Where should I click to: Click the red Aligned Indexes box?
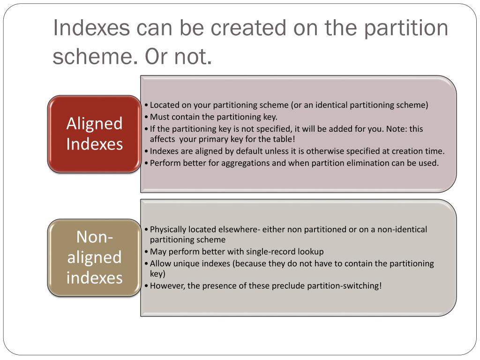(94, 134)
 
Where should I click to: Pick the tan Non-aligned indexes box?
(94, 257)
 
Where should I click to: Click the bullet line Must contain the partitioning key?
(213, 117)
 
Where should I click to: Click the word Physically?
(168, 230)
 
